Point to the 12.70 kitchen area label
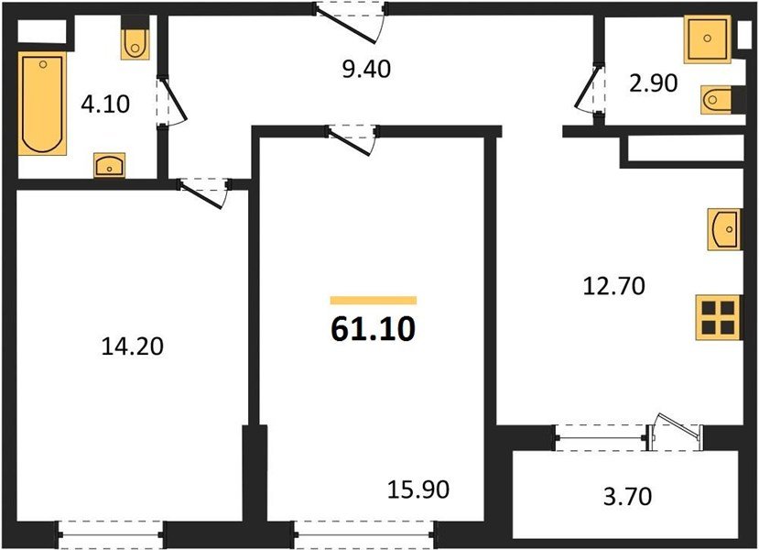614,287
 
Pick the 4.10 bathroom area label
105,104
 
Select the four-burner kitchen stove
717,316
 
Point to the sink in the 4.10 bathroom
110,166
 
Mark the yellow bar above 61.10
373,300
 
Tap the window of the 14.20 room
110,529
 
